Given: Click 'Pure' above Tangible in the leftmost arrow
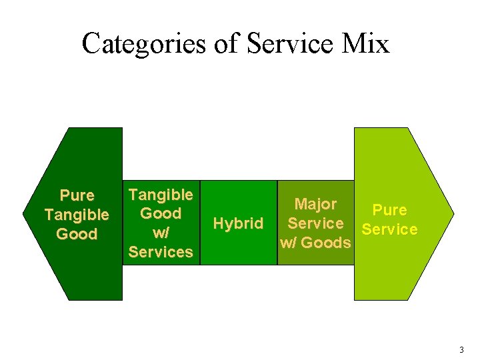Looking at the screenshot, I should tap(77, 196).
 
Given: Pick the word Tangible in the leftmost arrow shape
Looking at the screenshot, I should tap(77, 215).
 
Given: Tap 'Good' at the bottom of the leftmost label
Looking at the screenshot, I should tap(77, 234).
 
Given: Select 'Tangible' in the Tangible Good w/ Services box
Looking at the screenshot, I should tap(161, 195).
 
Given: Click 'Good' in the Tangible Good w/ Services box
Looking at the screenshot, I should tap(161, 213).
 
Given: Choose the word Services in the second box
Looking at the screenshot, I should tap(161, 252).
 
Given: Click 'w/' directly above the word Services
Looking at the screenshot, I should tap(161, 233).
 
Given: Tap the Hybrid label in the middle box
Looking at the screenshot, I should tap(237, 223).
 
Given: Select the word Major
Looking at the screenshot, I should tap(315, 204).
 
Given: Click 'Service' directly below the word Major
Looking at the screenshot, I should tap(315, 223).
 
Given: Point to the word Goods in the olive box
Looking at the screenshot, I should tap(325, 243).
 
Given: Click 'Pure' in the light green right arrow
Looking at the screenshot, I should tap(389, 211).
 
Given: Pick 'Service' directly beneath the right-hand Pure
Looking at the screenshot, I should tap(389, 230).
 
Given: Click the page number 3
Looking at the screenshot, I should tap(461, 350).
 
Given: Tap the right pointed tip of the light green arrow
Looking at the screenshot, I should tap(453, 214).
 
